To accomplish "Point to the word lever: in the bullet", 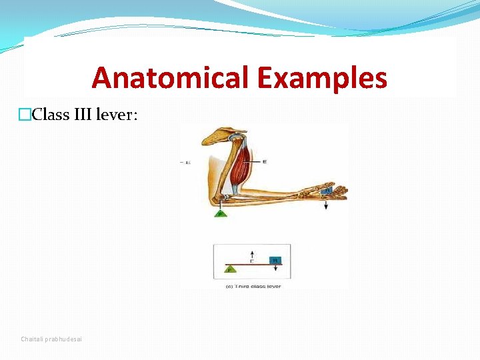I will pyautogui.click(x=117, y=114).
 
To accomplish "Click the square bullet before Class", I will pyautogui.click(x=25, y=115).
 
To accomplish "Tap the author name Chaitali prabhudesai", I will pyautogui.click(x=52, y=339).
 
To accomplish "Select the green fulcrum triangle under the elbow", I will pyautogui.click(x=220, y=213).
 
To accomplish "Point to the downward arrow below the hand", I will pyautogui.click(x=327, y=204).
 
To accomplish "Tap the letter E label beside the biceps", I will pyautogui.click(x=265, y=161).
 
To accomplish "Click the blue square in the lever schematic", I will pyautogui.click(x=274, y=259).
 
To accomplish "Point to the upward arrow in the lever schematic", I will pyautogui.click(x=251, y=255).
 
